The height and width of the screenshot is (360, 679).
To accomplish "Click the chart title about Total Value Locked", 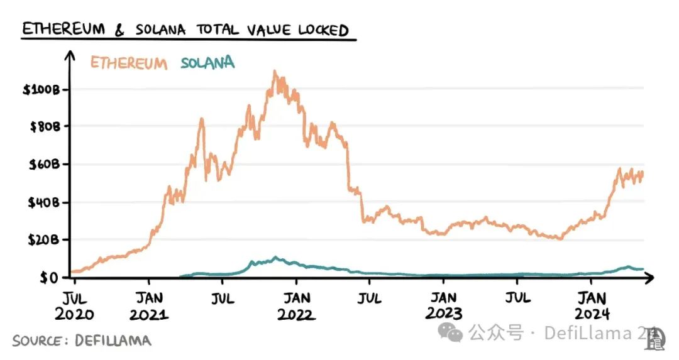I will tap(185, 30).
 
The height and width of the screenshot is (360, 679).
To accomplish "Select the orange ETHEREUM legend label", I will tap(129, 63).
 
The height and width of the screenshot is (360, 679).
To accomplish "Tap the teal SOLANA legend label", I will tap(207, 63).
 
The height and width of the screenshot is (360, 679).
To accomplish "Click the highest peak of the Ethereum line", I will tap(275, 72).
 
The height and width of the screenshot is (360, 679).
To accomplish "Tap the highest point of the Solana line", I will tap(275, 258).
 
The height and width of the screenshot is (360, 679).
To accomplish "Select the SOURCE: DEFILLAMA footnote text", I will tap(82, 341).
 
